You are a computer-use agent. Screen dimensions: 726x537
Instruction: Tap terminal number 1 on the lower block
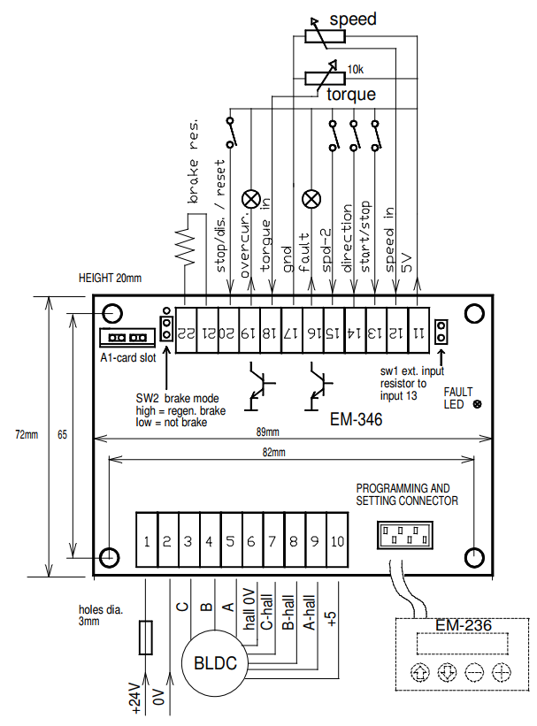(146, 539)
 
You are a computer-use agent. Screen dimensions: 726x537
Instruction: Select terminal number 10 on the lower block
(336, 539)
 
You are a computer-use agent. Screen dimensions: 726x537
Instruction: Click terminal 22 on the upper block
(184, 332)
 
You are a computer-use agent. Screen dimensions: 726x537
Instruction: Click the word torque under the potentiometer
(351, 94)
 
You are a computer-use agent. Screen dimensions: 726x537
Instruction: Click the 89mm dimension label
(267, 432)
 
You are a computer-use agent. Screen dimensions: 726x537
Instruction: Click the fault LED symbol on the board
(478, 404)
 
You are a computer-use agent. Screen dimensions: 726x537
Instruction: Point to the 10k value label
(356, 69)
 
